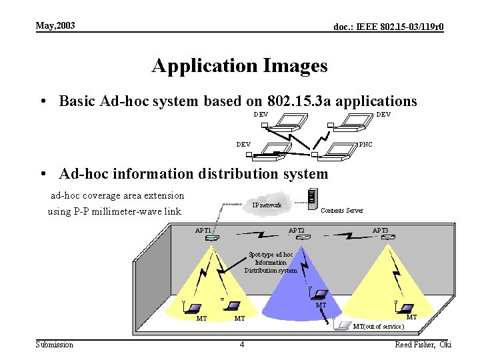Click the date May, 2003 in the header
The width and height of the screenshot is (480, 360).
coord(55,25)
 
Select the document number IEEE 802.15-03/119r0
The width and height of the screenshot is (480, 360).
coord(389,27)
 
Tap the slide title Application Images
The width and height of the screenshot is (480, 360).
coord(239,66)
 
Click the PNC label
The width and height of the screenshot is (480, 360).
coord(366,144)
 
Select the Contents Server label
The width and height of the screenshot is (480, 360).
coord(342,211)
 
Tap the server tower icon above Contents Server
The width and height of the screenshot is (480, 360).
coord(311,197)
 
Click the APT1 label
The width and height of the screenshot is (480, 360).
coord(203,231)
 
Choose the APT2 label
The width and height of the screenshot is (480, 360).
coord(296,231)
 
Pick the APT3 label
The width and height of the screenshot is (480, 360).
coord(380,231)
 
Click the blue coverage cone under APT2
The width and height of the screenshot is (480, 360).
coord(293,287)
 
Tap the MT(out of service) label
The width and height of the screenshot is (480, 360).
coord(379,327)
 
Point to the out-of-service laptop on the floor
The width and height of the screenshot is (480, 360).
coord(343,325)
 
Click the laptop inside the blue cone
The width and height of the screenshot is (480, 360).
coord(321,295)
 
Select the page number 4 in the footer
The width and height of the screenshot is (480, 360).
coord(241,345)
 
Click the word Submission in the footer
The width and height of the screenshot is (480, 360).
coord(55,345)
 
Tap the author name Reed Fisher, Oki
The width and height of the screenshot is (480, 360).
coord(423,345)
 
